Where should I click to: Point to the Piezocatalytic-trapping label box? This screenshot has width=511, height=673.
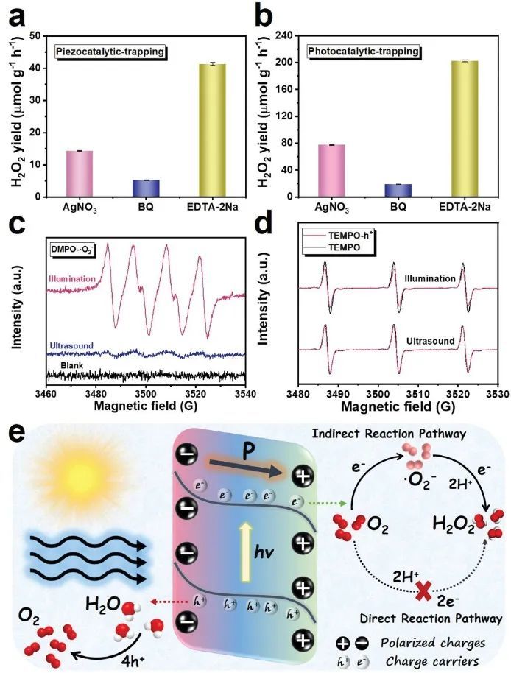(x=110, y=52)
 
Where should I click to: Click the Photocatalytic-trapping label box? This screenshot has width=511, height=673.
(x=376, y=52)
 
